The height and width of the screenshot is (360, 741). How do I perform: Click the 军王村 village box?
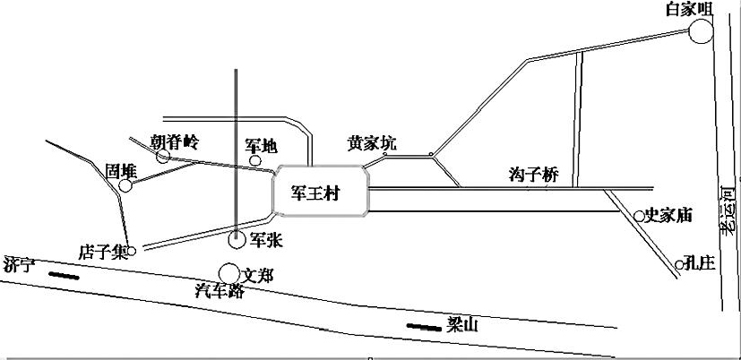click(x=321, y=191)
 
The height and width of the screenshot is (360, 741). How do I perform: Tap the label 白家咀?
click(x=688, y=10)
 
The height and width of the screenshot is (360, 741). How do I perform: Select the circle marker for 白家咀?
click(x=701, y=31)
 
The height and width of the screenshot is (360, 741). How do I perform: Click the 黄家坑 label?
click(x=372, y=142)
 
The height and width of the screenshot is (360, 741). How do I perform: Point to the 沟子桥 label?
click(x=533, y=175)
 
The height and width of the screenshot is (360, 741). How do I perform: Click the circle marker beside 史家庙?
click(x=639, y=217)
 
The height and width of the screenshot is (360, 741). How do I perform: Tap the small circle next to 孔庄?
click(x=679, y=264)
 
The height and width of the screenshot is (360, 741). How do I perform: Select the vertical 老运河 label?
click(x=730, y=210)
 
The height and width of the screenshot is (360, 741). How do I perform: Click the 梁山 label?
click(x=462, y=325)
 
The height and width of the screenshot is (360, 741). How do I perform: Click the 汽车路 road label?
click(x=220, y=290)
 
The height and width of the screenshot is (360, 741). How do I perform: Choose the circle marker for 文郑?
click(x=229, y=273)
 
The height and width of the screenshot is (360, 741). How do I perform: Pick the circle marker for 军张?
click(x=237, y=239)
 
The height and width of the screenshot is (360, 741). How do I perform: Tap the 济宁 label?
click(x=19, y=264)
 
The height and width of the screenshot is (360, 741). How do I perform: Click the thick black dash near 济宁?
click(x=64, y=276)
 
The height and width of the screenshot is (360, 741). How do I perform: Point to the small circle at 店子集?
click(x=132, y=251)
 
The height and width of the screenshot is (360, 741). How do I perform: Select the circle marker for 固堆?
click(x=125, y=185)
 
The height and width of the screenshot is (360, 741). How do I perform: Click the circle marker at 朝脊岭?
click(x=163, y=156)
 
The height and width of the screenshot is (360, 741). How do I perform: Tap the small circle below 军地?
click(x=255, y=160)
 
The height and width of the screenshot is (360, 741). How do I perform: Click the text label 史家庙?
click(x=668, y=216)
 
